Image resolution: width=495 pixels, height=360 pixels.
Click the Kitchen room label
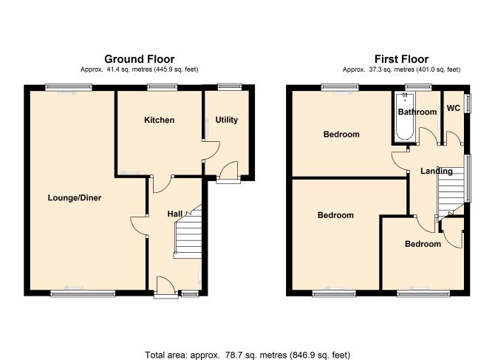159,120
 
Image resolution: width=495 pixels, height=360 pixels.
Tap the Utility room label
226,120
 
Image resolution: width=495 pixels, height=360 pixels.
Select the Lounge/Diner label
75,198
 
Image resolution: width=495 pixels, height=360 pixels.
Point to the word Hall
175,214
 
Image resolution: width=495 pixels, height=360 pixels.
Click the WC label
454,108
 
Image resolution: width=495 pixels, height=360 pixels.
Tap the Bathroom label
417,112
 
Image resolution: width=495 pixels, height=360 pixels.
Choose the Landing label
437,171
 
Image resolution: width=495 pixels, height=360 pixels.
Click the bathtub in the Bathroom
405,116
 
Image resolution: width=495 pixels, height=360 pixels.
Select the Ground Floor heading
139,59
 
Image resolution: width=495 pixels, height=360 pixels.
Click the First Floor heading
401,59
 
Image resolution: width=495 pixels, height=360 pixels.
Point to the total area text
247,355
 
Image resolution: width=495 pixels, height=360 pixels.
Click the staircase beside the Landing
451,191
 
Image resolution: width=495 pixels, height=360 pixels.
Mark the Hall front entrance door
166,287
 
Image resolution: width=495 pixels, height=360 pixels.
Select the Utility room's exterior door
228,172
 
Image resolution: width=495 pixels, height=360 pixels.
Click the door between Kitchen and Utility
211,151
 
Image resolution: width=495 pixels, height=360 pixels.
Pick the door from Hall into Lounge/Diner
139,225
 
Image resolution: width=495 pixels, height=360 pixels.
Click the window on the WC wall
469,103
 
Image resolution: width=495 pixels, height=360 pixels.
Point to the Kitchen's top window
163,87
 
